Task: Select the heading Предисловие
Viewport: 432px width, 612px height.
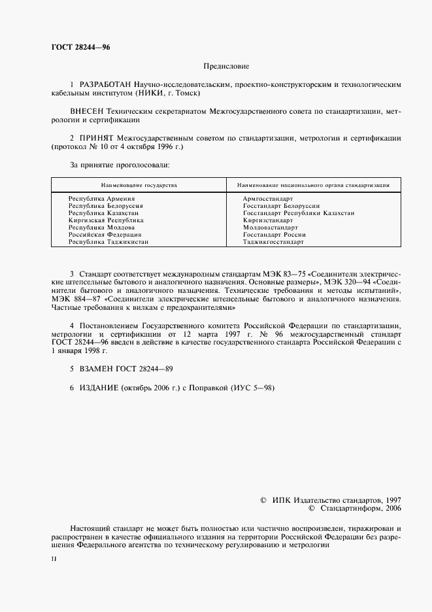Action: tap(226, 66)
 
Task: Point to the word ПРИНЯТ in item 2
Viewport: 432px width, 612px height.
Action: tap(97, 139)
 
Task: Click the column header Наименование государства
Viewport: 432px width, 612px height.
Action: tap(139, 185)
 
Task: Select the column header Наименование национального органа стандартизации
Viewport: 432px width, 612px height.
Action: tap(313, 185)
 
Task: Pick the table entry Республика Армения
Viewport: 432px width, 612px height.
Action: tap(101, 198)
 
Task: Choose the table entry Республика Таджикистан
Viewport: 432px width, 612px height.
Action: tap(108, 241)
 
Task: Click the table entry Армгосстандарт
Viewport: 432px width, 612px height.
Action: tap(267, 198)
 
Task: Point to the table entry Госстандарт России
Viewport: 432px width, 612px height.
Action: tap(274, 234)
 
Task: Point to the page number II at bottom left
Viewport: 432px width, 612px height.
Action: tap(54, 560)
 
